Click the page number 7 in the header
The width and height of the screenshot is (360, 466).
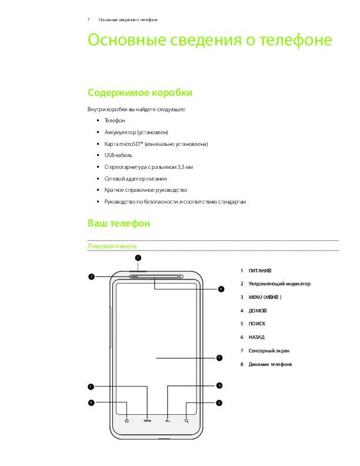click(x=88, y=20)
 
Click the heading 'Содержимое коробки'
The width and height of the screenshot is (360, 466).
click(x=139, y=93)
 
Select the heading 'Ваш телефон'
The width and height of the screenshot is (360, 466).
click(x=119, y=224)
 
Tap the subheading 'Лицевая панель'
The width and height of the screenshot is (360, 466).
click(x=112, y=245)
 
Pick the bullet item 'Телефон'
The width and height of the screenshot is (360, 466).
click(x=115, y=120)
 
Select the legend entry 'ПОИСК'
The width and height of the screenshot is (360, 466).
click(x=257, y=324)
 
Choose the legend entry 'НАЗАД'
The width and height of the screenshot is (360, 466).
click(x=256, y=337)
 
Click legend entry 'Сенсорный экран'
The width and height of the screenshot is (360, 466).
click(x=268, y=351)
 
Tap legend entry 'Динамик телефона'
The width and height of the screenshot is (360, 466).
click(x=270, y=364)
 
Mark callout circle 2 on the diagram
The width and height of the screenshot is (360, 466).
click(x=92, y=277)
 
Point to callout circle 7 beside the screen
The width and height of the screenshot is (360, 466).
click(x=219, y=358)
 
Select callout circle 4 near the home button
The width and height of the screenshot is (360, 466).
click(x=91, y=403)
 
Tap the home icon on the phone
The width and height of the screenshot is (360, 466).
click(x=127, y=421)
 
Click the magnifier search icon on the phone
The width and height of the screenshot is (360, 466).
click(x=186, y=421)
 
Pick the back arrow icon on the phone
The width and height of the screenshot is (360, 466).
click(x=168, y=421)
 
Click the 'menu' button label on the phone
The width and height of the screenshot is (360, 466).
click(x=147, y=421)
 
